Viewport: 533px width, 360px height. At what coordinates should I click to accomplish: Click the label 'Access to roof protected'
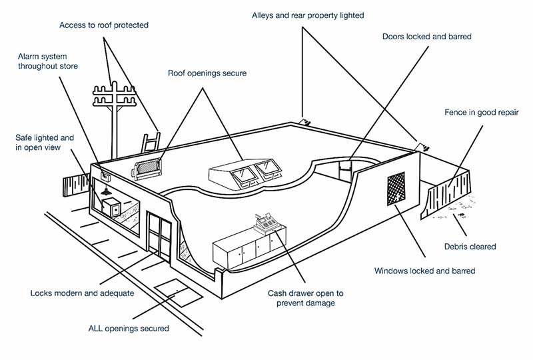104,25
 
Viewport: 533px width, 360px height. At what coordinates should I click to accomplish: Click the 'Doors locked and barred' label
427,37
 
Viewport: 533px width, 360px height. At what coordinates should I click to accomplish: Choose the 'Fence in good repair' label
481,112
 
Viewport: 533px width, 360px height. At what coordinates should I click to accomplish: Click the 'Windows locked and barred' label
424,271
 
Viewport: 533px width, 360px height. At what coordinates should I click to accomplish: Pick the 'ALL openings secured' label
129,328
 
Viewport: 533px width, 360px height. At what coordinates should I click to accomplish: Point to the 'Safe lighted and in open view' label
45,142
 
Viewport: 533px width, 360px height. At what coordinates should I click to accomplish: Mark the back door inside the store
345,170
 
